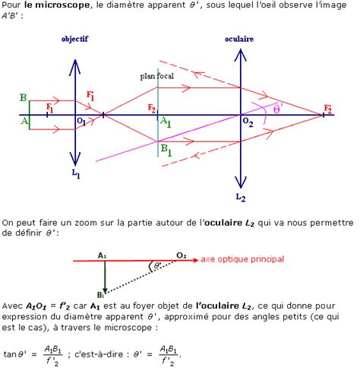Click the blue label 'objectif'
(74, 39)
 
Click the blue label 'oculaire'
(239, 39)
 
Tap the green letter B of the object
(23, 97)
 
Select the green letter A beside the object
(24, 121)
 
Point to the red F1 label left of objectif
(49, 108)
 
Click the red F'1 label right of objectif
(90, 96)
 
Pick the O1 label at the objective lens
(81, 122)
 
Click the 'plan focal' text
(157, 76)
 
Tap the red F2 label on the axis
(151, 108)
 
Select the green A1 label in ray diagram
(166, 122)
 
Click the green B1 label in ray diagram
(166, 150)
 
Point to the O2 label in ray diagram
(248, 122)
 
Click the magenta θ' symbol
(278, 109)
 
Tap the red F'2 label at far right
(328, 109)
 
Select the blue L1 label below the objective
(76, 173)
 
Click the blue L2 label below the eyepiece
(241, 197)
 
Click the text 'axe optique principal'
(242, 259)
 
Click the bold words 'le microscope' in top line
(57, 5)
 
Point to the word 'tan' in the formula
(10, 354)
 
